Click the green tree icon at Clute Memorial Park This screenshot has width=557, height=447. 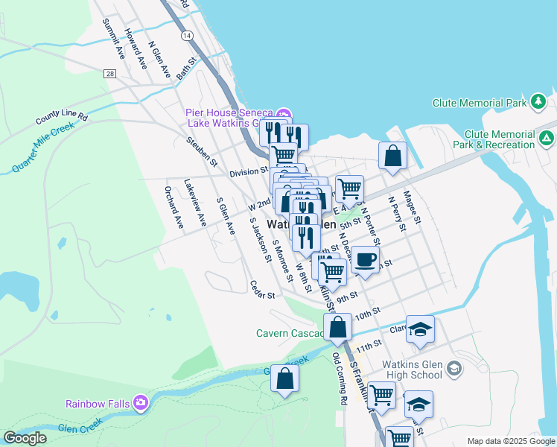click(x=538, y=101)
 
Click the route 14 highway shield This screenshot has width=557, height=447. click(x=186, y=36)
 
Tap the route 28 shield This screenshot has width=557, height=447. click(x=109, y=73)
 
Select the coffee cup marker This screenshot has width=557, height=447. click(x=364, y=261)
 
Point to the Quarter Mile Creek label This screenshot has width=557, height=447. click(x=44, y=148)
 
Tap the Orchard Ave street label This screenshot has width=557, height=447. click(x=174, y=206)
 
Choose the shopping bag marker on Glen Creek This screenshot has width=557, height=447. click(x=284, y=379)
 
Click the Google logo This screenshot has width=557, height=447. click(x=25, y=438)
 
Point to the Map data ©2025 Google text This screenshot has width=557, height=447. click(x=510, y=441)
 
